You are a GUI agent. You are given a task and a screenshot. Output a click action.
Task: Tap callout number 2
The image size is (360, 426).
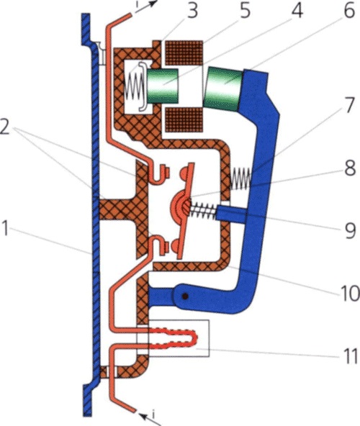(5, 127)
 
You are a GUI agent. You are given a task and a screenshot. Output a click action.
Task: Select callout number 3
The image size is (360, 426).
(192, 11)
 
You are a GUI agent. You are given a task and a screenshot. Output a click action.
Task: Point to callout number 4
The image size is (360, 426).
(297, 11)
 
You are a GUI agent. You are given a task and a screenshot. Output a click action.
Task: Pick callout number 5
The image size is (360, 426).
(245, 11)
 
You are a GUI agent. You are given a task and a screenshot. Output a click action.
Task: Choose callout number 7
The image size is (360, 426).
(349, 105)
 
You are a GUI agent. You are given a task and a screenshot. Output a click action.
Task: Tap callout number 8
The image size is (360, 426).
(350, 168)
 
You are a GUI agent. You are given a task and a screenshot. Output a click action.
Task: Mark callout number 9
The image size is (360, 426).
(350, 231)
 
